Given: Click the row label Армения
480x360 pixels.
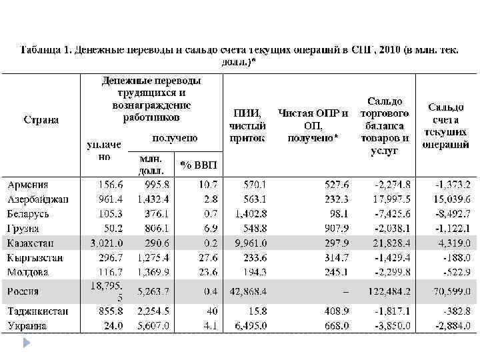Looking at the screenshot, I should point(27,185).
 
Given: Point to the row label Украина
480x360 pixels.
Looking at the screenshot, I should point(28,326).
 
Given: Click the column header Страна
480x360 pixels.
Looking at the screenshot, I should point(41,120).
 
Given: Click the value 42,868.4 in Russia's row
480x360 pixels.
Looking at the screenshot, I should point(247,291).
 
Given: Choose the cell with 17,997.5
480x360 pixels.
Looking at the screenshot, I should point(389,199).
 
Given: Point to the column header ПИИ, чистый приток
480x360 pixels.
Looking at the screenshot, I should point(247,125).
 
